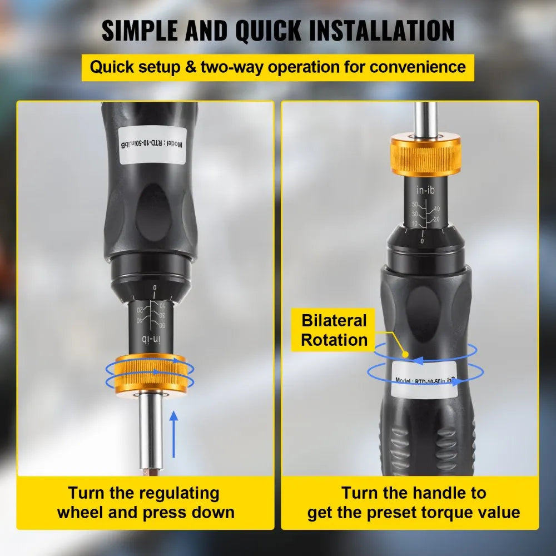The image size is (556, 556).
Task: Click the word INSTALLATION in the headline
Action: click(x=344, y=31)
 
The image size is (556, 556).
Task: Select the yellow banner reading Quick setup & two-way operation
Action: click(x=277, y=67)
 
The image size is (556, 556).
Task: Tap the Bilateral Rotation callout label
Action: click(x=334, y=330)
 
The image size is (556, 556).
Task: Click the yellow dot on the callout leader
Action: click(x=406, y=354)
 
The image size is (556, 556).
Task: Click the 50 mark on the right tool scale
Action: click(x=414, y=205)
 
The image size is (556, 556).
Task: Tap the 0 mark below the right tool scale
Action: click(x=423, y=240)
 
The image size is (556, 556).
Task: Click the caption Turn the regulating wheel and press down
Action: click(x=145, y=502)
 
